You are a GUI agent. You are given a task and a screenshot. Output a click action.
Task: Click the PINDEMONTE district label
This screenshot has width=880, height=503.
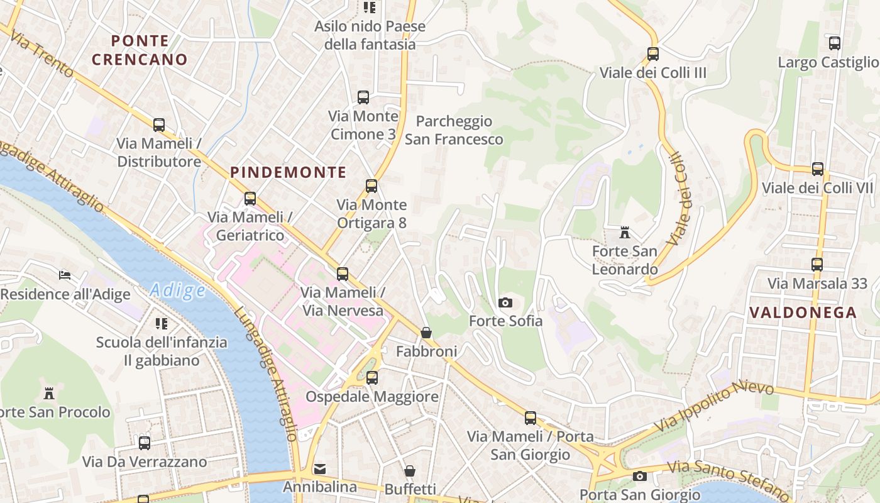point(288,172)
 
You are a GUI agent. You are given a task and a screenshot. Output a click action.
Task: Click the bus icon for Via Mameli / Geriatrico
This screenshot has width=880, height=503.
point(250,199)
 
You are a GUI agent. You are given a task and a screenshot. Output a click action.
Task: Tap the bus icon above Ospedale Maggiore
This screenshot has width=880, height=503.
point(371,377)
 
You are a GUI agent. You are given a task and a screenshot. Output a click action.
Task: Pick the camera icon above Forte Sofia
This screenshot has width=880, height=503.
point(505,302)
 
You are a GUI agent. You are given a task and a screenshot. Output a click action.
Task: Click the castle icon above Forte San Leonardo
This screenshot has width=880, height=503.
point(624,233)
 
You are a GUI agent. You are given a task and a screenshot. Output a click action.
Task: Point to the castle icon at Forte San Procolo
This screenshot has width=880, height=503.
point(49,394)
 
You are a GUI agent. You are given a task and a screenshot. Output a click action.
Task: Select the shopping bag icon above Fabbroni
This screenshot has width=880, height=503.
point(426,332)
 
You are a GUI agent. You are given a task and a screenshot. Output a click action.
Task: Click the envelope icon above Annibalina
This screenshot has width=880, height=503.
point(320,468)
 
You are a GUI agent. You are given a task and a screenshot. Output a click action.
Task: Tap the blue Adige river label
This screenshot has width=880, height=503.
point(178,290)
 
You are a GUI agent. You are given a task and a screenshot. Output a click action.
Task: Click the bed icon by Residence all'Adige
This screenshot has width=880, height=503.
point(65,275)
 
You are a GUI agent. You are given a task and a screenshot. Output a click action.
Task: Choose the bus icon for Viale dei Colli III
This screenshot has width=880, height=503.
point(652,54)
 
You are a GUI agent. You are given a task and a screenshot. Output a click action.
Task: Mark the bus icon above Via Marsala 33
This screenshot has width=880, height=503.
point(817,264)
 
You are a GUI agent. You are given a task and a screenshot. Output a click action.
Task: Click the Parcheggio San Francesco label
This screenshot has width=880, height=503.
point(454,130)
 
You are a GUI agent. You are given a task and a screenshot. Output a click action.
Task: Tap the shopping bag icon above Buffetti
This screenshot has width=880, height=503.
point(409,471)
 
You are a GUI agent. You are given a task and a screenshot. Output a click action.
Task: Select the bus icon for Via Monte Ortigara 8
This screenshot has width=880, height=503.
point(371,186)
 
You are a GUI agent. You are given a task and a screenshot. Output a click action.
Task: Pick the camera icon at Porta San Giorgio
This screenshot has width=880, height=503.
point(640,476)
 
